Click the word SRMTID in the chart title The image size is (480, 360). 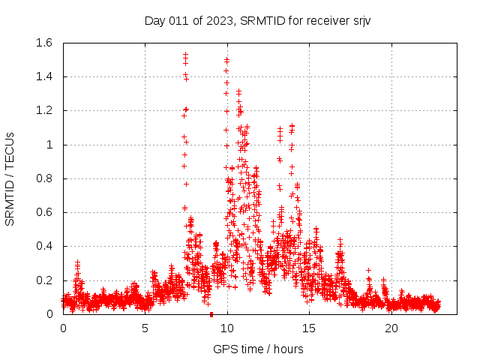(261, 20)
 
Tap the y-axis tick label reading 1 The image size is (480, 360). (50, 145)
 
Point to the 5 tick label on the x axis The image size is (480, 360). (145, 328)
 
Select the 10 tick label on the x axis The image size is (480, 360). (227, 328)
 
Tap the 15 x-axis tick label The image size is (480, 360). (310, 328)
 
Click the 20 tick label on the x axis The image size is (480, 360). (391, 328)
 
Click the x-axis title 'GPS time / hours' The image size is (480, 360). (258, 349)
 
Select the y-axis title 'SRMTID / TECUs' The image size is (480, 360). (10, 178)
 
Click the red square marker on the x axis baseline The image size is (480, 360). (211, 314)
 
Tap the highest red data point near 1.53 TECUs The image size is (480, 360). (185, 55)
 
